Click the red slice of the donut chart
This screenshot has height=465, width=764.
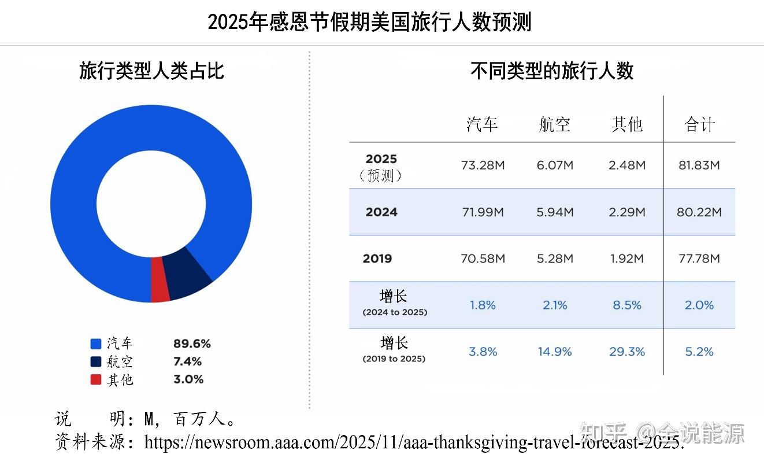pyautogui.click(x=160, y=281)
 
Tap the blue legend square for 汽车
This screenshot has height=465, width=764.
pyautogui.click(x=96, y=344)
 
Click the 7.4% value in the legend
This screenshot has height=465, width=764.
pyautogui.click(x=187, y=361)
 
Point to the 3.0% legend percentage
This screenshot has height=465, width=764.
pyautogui.click(x=188, y=379)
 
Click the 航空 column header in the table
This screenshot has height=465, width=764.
pyautogui.click(x=554, y=124)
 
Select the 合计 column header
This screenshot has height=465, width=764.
pyautogui.click(x=699, y=124)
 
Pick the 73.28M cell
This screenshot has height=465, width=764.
pyautogui.click(x=483, y=165)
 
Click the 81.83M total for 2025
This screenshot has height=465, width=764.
pyautogui.click(x=699, y=165)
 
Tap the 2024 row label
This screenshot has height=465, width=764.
pyautogui.click(x=381, y=212)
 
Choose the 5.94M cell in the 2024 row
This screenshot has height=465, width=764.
pyautogui.click(x=555, y=212)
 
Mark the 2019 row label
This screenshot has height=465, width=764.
pyautogui.click(x=377, y=259)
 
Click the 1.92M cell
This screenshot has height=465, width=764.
pyautogui.click(x=627, y=259)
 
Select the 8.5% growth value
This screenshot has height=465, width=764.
pyautogui.click(x=627, y=305)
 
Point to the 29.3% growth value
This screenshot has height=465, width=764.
pyautogui.click(x=627, y=352)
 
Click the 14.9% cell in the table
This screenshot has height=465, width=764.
pyautogui.click(x=555, y=352)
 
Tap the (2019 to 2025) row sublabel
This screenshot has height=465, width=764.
pyautogui.click(x=394, y=359)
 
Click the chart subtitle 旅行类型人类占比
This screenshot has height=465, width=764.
pyautogui.click(x=151, y=71)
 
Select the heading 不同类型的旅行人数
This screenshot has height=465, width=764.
pyautogui.click(x=552, y=71)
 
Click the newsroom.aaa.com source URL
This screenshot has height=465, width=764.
pyautogui.click(x=414, y=443)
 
